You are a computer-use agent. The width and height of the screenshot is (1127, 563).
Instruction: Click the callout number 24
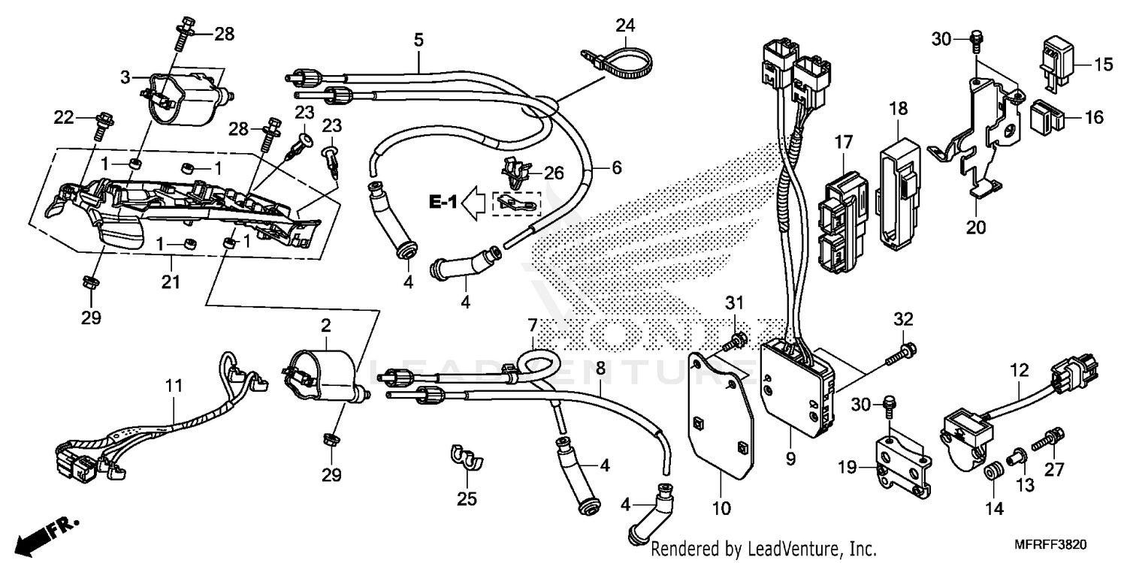(626, 25)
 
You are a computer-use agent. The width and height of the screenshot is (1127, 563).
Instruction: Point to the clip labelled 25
(466, 457)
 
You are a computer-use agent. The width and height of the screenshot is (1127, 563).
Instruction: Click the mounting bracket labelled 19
(902, 465)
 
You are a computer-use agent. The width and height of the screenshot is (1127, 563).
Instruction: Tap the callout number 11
(174, 386)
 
